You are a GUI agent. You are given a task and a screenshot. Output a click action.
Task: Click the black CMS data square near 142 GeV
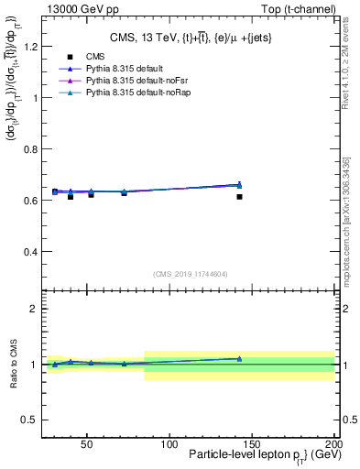point(239,196)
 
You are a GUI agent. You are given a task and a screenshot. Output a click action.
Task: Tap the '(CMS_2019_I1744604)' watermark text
point(190,273)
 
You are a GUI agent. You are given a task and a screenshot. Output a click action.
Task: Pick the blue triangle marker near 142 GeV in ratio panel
point(239,358)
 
